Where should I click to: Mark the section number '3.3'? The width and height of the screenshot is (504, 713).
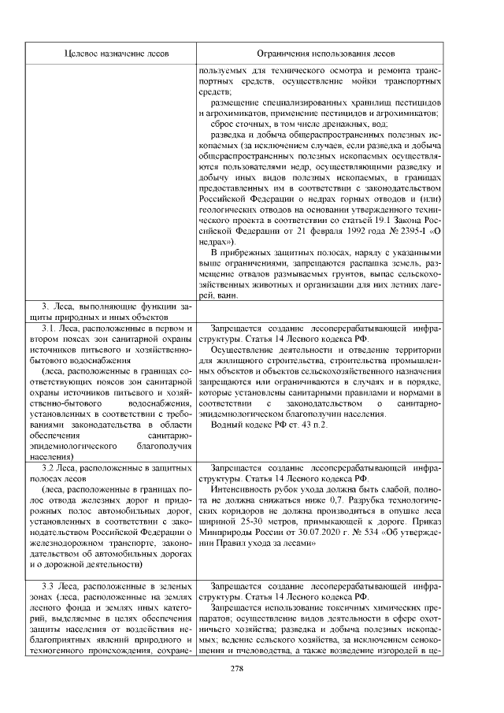pyautogui.click(x=50, y=586)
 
